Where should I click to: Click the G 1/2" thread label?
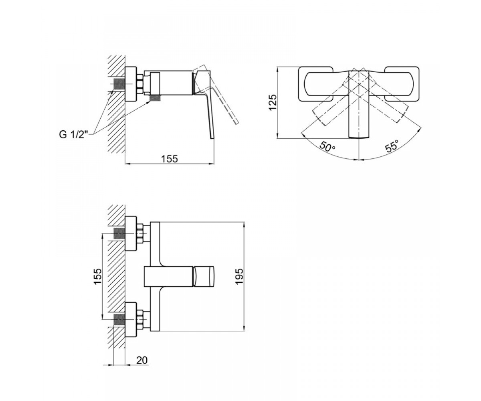(x=74, y=135)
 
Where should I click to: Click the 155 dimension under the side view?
(x=169, y=159)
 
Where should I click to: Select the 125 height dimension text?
(x=273, y=103)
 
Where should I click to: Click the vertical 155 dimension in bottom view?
(x=97, y=276)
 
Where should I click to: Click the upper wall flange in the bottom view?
(x=131, y=233)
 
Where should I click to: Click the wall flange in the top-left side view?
(x=131, y=84)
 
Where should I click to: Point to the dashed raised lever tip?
(x=236, y=122)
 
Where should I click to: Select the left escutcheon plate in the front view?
(x=315, y=84)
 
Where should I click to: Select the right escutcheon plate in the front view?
(x=402, y=84)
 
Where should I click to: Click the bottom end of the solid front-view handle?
(x=359, y=138)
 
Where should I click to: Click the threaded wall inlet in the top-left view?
(x=119, y=84)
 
